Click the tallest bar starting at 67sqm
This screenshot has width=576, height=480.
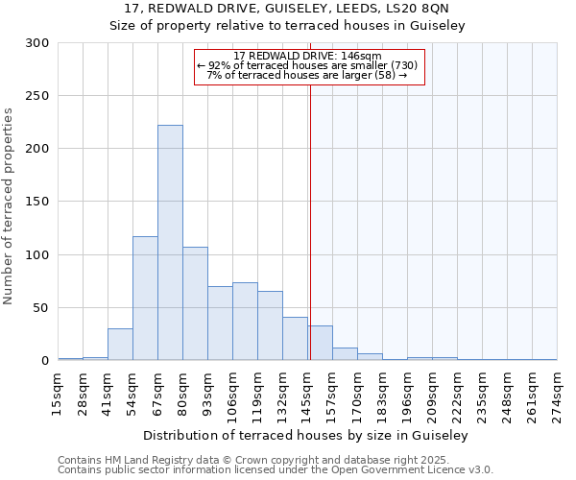click(170, 243)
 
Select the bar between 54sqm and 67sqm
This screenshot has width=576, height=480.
click(145, 299)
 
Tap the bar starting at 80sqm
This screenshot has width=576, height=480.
click(195, 303)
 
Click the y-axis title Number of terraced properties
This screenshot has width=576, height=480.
click(9, 206)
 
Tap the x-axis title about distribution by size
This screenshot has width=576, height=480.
click(307, 436)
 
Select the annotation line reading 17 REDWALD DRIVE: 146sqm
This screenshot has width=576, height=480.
click(307, 56)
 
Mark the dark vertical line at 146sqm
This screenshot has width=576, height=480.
click(310, 221)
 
